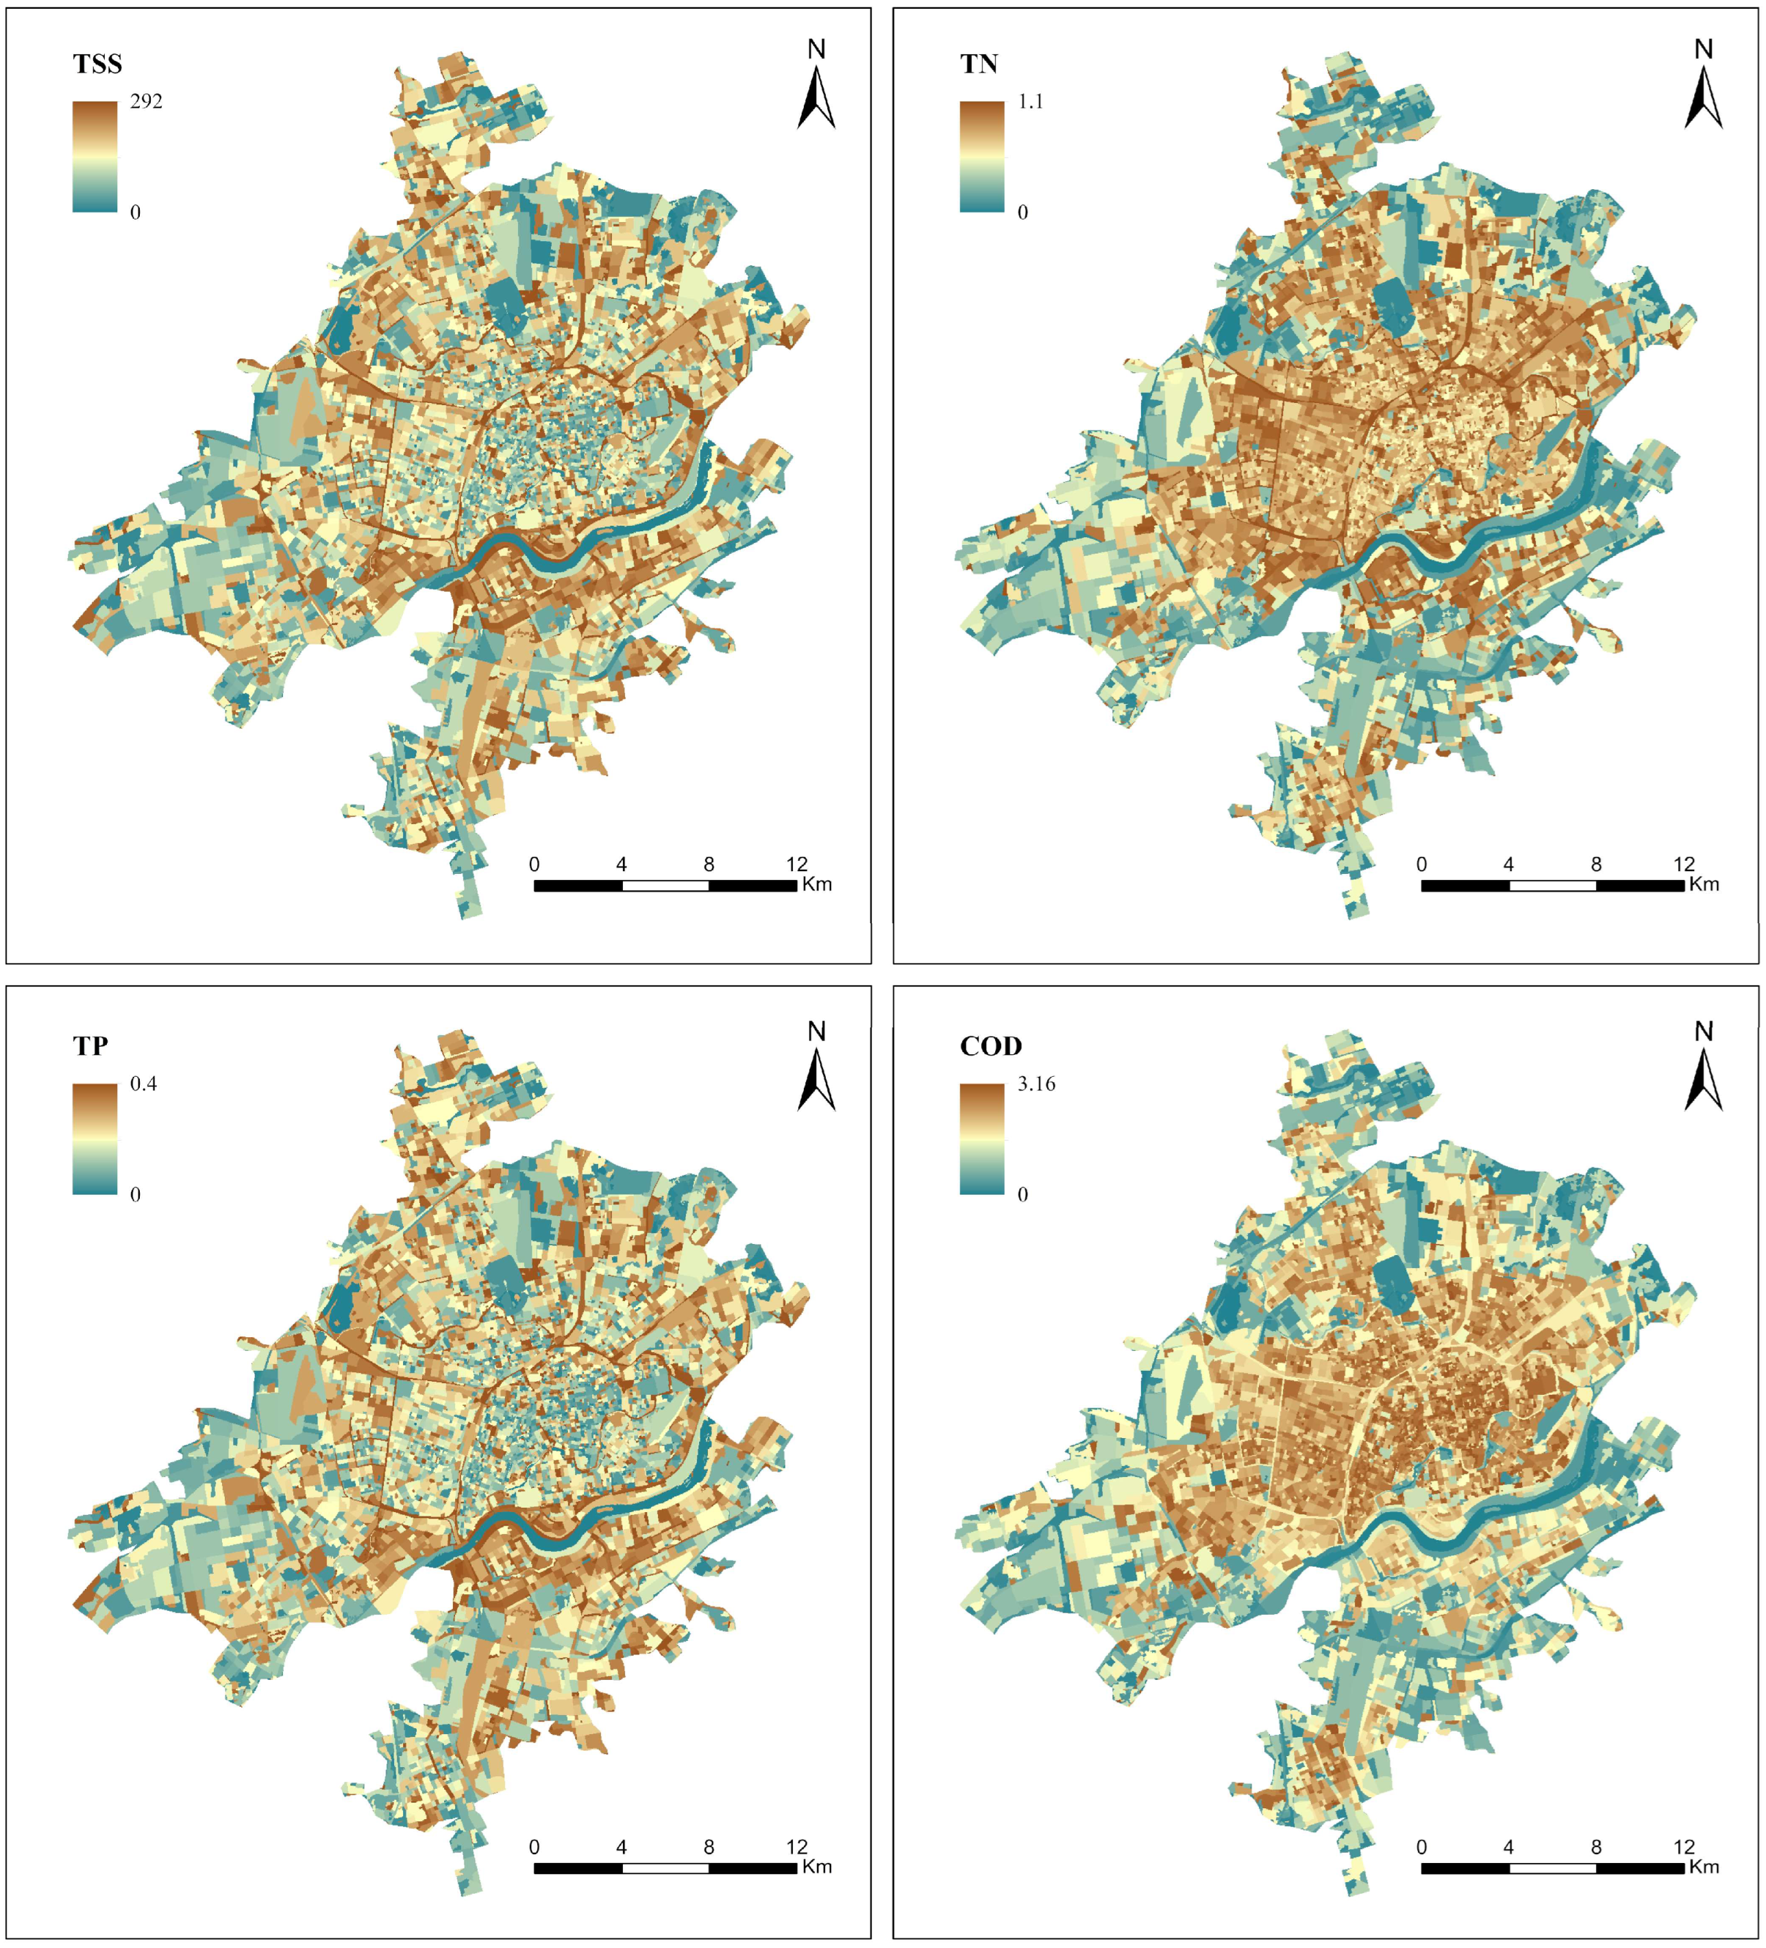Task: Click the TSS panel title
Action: pyautogui.click(x=97, y=64)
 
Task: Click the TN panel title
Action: pyautogui.click(x=979, y=64)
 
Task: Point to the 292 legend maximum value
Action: pyautogui.click(x=146, y=101)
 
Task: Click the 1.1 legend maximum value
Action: pyautogui.click(x=1030, y=101)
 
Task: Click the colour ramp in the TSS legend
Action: pyautogui.click(x=95, y=156)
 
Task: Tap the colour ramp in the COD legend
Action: pyautogui.click(x=981, y=1139)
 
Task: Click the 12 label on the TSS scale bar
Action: pyautogui.click(x=796, y=864)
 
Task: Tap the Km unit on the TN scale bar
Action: pyautogui.click(x=1704, y=884)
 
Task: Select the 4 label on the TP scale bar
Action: pyautogui.click(x=621, y=1847)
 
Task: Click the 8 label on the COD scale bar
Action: pyautogui.click(x=1596, y=1847)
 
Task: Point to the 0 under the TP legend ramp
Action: pyautogui.click(x=135, y=1194)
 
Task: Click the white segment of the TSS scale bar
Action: pyautogui.click(x=665, y=885)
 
